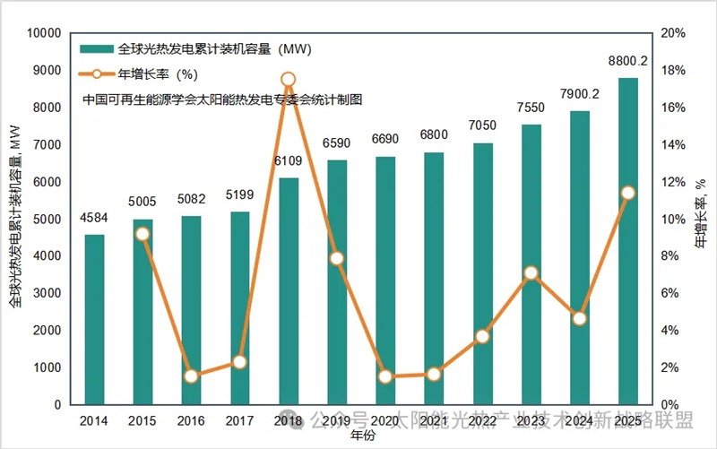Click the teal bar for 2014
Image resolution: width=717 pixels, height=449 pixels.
(x=94, y=319)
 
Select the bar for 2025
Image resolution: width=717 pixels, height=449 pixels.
(x=628, y=241)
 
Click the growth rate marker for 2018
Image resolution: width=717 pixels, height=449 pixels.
(x=288, y=80)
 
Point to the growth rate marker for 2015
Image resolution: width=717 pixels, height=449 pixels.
(x=143, y=234)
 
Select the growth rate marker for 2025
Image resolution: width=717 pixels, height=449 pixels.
(x=628, y=193)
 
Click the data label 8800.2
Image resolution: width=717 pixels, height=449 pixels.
(x=628, y=62)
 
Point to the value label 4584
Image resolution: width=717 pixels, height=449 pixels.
(x=94, y=217)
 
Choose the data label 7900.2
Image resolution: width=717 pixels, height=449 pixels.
(x=580, y=94)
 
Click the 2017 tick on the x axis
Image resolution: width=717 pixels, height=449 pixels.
(x=239, y=419)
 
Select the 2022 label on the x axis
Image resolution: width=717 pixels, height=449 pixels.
(x=482, y=419)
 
